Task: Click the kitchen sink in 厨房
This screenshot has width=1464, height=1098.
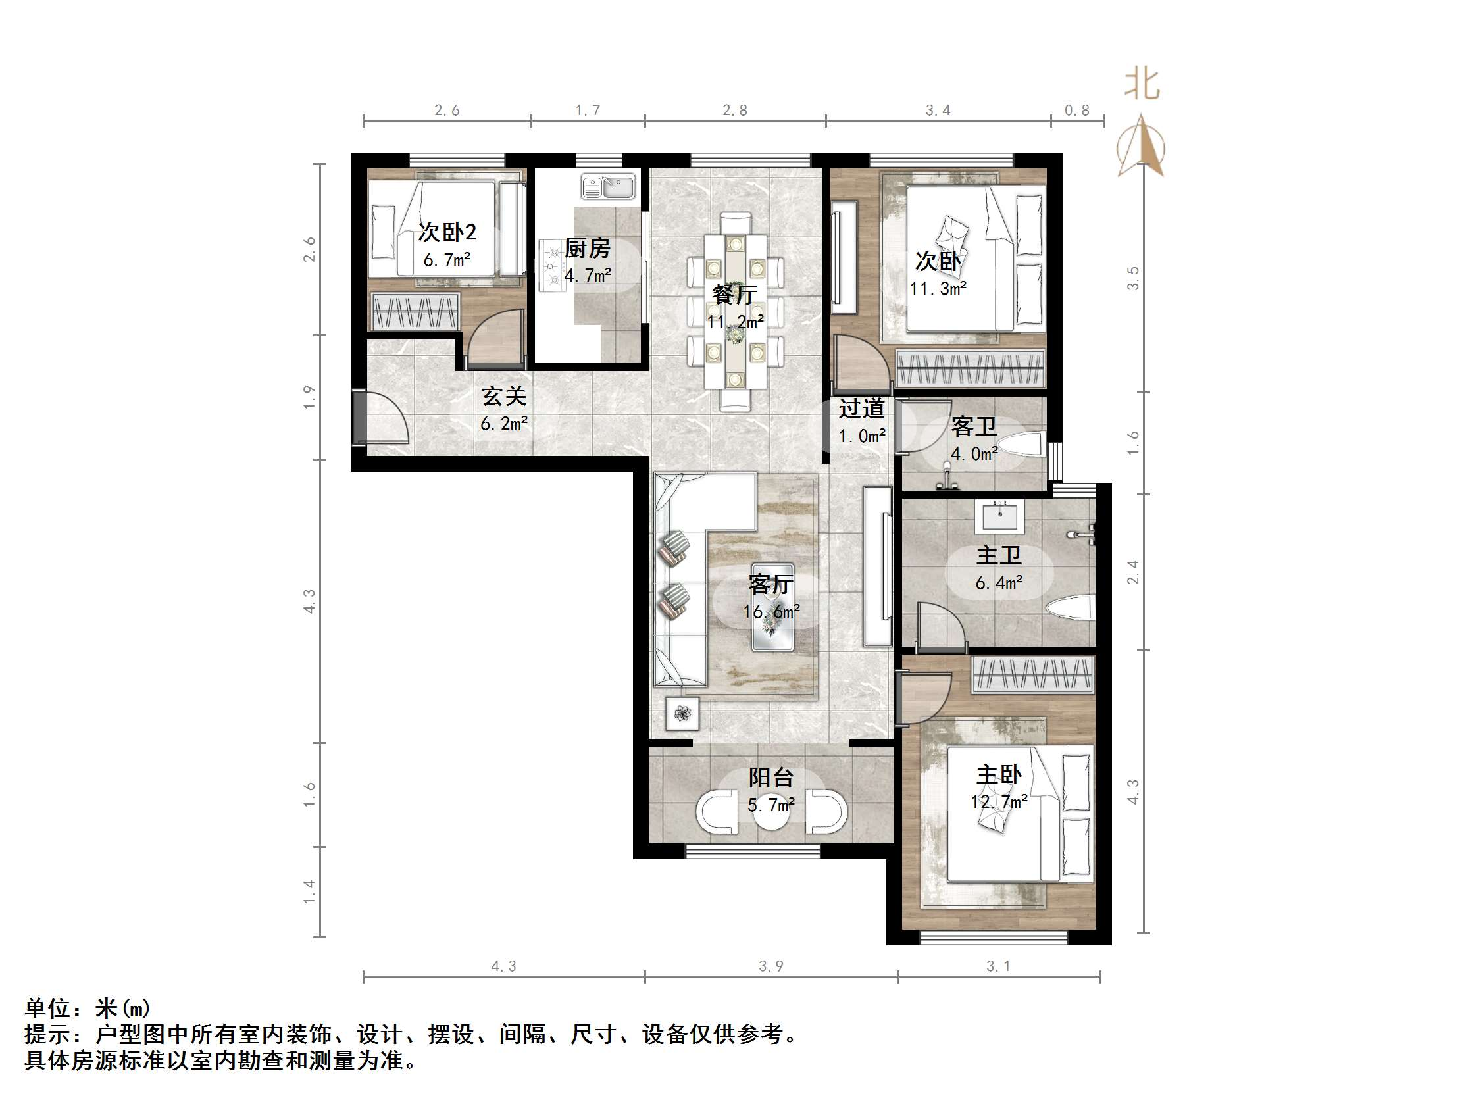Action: point(607,187)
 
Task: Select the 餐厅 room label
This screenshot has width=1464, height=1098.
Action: point(735,294)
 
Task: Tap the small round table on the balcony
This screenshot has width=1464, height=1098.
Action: point(771,813)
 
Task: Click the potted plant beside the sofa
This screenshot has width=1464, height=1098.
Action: point(682,713)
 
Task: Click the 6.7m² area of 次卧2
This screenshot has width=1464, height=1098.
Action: point(447,260)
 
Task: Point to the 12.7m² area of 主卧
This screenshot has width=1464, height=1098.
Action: point(999,801)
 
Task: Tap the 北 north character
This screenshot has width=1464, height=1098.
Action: point(1142,85)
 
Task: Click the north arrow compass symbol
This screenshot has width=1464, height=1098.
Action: point(1141,147)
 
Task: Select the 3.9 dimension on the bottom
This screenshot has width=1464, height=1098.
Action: point(771,966)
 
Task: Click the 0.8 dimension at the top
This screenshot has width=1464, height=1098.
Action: point(1077,111)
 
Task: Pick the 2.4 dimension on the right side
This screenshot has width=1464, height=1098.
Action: point(1133,572)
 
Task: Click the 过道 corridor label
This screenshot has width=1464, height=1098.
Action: point(862,409)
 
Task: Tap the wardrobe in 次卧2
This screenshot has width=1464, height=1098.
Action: point(416,311)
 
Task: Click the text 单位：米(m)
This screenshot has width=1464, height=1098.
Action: point(88,1008)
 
